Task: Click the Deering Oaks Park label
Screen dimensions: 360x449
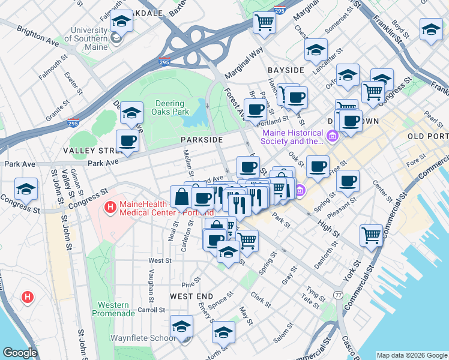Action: [172, 107]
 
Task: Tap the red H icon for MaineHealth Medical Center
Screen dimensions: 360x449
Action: [110, 208]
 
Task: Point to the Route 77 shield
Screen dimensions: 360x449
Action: [339, 295]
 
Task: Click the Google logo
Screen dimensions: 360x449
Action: [20, 353]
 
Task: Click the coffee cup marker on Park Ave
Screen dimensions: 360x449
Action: [127, 141]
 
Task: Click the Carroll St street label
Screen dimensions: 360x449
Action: [151, 310]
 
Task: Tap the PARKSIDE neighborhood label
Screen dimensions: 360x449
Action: [202, 139]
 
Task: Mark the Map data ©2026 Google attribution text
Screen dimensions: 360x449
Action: [411, 355]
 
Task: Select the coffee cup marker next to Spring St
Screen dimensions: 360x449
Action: [348, 180]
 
